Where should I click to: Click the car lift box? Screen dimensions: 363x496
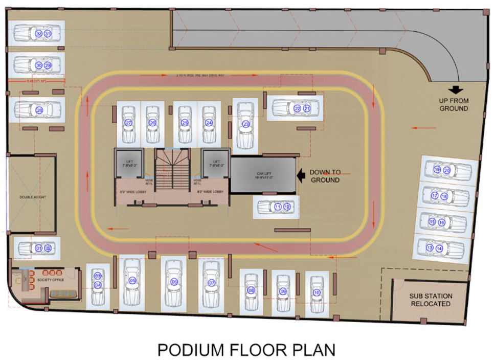[x=263, y=175]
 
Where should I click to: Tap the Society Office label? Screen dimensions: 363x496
[x=52, y=280]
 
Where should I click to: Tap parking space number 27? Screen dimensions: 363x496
[x=128, y=123]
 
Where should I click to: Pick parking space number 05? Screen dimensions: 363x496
[x=132, y=281]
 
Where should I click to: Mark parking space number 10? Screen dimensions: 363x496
[x=317, y=292]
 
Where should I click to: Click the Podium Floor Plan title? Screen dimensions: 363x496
[x=246, y=350]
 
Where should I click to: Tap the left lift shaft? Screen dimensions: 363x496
[x=129, y=164]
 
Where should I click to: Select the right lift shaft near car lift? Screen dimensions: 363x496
[x=215, y=164]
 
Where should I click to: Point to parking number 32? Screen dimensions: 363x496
[x=39, y=34]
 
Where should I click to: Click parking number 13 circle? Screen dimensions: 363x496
[x=430, y=248]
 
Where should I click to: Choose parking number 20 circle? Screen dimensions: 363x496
[x=446, y=170]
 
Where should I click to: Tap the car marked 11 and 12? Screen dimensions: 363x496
[x=277, y=207]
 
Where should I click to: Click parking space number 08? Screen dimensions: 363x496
[x=251, y=290]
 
